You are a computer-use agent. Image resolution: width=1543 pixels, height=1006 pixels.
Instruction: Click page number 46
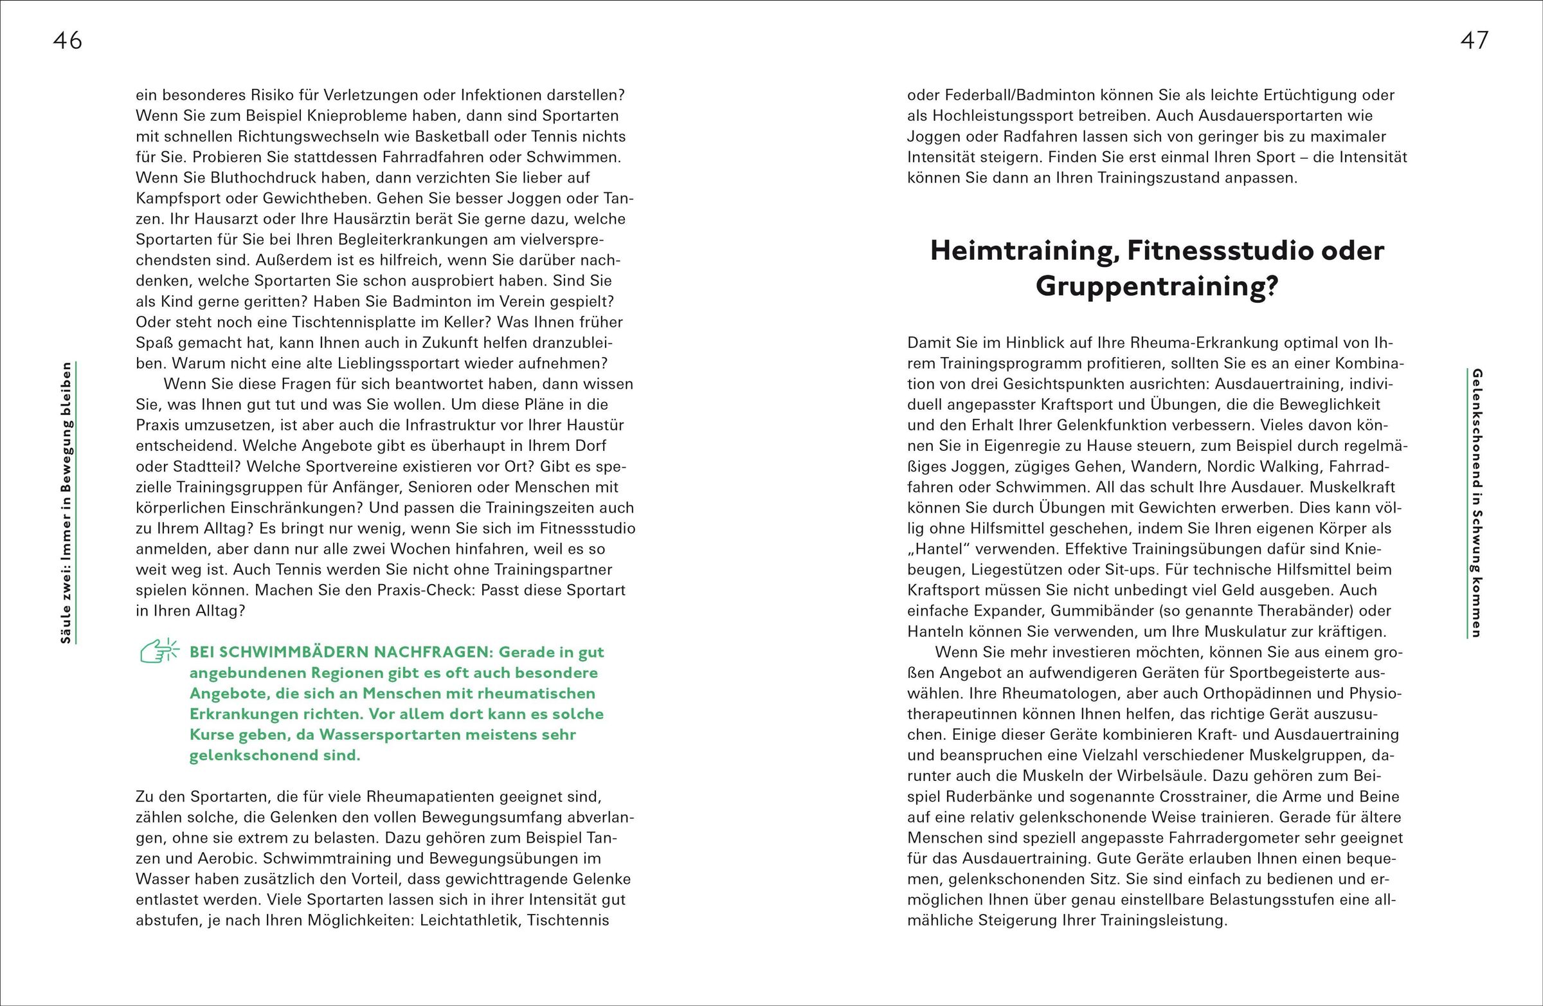(68, 41)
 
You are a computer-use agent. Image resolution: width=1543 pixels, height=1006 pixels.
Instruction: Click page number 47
(1474, 41)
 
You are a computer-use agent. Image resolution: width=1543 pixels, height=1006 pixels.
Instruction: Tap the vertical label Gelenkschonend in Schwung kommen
(1476, 502)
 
